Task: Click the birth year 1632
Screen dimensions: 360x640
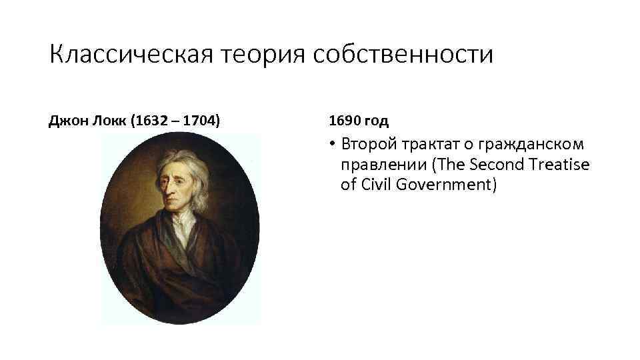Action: coord(152,121)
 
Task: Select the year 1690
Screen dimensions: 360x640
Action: coord(343,121)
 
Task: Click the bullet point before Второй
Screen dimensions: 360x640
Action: coord(333,145)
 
